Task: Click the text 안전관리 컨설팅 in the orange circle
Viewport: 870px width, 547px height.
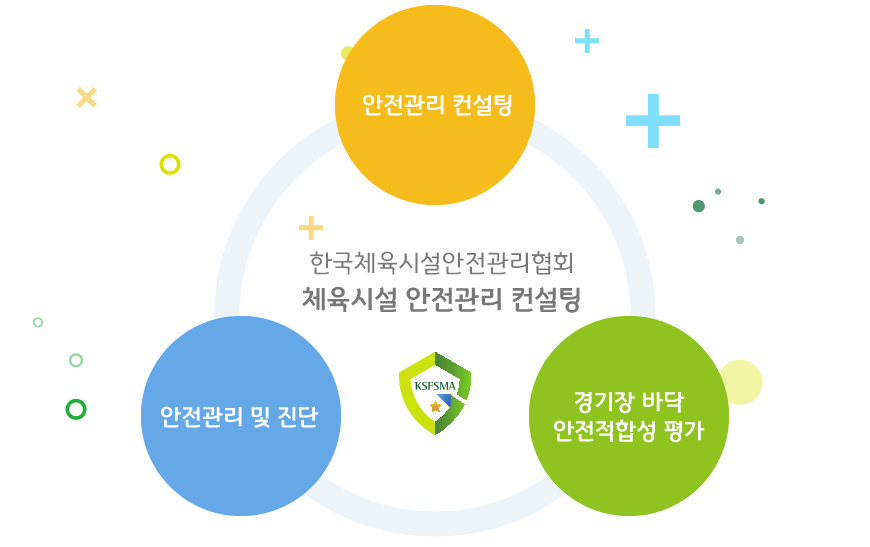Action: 437,105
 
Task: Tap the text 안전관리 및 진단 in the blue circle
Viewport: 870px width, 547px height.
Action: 239,417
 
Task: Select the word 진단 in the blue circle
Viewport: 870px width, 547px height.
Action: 298,417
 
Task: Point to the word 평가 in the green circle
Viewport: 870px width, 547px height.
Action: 684,430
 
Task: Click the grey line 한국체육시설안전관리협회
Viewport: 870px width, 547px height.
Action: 442,262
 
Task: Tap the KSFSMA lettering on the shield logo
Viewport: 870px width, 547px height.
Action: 435,386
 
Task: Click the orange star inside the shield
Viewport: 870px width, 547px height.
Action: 436,407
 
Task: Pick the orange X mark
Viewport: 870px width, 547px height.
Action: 87,98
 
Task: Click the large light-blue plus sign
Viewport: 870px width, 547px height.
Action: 653,121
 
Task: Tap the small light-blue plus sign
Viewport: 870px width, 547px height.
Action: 587,41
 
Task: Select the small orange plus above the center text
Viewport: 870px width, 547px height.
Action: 311,227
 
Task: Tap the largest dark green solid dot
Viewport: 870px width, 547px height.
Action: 699,206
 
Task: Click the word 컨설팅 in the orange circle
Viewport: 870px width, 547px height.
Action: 482,105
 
